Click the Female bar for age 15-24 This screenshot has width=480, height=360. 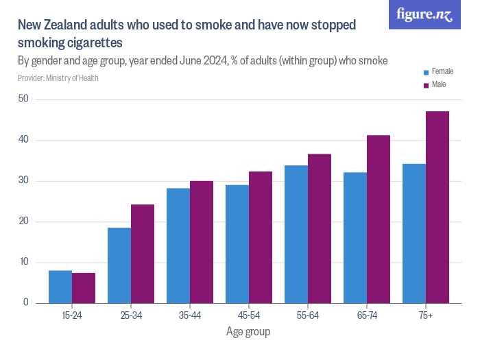[60, 287]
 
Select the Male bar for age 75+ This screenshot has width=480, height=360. [437, 207]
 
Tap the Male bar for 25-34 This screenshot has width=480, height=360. [143, 254]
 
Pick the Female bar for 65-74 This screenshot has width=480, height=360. [355, 237]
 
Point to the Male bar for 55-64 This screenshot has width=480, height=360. [320, 228]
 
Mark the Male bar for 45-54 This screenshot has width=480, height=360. [261, 237]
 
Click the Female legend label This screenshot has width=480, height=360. [442, 71]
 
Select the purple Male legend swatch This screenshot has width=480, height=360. [426, 85]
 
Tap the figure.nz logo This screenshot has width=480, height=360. [424, 14]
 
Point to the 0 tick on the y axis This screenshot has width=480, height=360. [26, 302]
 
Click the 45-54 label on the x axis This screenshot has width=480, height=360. [248, 315]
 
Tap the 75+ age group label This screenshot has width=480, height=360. [425, 315]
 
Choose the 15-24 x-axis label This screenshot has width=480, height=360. [72, 315]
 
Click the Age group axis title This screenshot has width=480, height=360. [248, 332]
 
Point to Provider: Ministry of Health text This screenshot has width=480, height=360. [58, 78]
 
